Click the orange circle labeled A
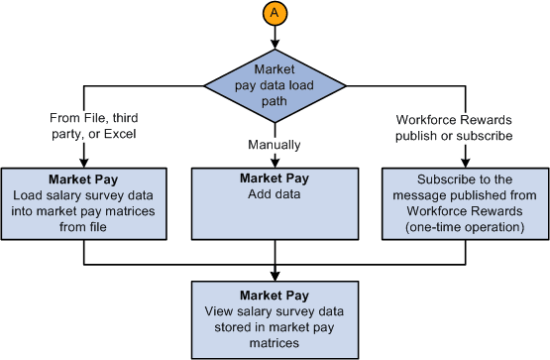pyautogui.click(x=275, y=13)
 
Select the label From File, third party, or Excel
pyautogui.click(x=85, y=126)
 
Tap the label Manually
pyautogui.click(x=275, y=145)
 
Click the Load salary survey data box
pyautogui.click(x=85, y=202)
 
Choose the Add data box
pyautogui.click(x=275, y=202)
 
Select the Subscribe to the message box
pyautogui.click(x=464, y=202)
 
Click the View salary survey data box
pyautogui.click(x=275, y=320)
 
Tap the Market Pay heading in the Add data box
pyautogui.click(x=275, y=179)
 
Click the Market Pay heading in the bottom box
pyautogui.click(x=275, y=296)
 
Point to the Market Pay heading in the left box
pyautogui.click(x=85, y=179)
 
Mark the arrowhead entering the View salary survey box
pyautogui.click(x=275, y=278)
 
